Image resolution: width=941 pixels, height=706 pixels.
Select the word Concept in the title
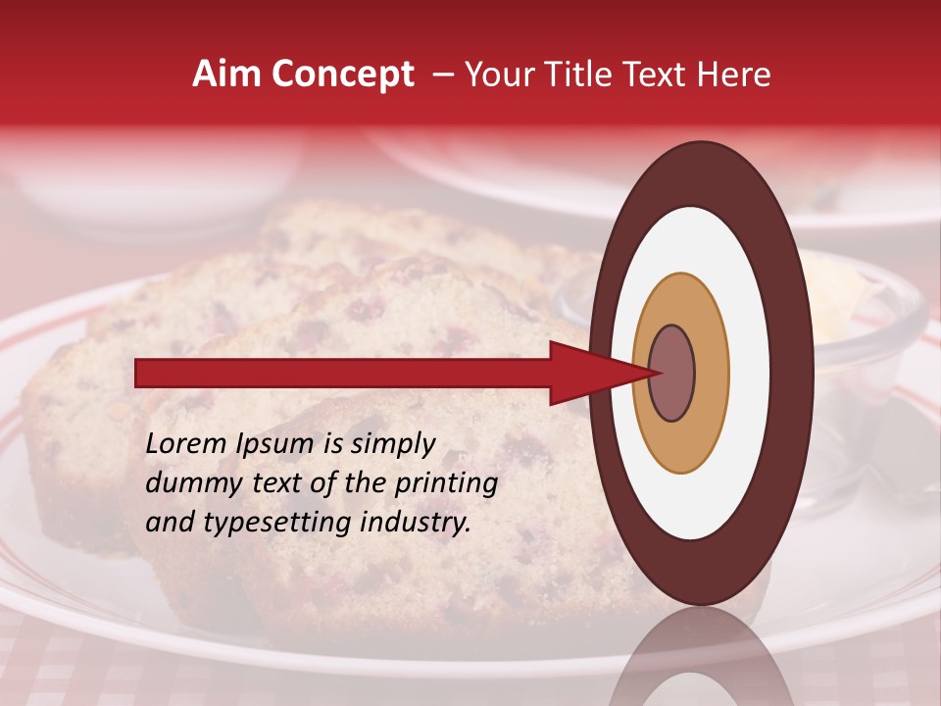pos(342,75)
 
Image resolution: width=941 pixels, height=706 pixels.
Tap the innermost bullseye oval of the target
pos(672,373)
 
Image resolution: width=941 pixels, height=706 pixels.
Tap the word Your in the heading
pos(496,75)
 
